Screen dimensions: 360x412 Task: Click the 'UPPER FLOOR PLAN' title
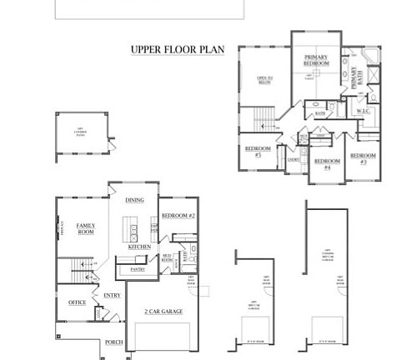(177, 49)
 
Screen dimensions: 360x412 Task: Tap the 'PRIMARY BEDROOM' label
(316, 60)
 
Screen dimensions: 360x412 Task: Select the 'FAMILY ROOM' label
(85, 229)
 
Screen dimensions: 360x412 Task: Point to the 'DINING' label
(134, 200)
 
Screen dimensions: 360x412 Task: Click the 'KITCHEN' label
(138, 247)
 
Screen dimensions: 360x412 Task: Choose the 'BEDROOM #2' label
(178, 215)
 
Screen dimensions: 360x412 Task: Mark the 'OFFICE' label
(77, 302)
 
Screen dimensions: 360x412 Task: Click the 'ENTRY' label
(111, 295)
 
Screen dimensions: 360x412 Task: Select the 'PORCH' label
(113, 342)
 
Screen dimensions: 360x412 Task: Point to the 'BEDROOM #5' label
(254, 152)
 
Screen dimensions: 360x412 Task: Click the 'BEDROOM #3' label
(363, 158)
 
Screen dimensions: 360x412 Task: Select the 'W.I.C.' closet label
(364, 111)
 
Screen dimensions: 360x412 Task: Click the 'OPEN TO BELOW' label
(264, 81)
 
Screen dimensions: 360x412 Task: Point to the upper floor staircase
(264, 117)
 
